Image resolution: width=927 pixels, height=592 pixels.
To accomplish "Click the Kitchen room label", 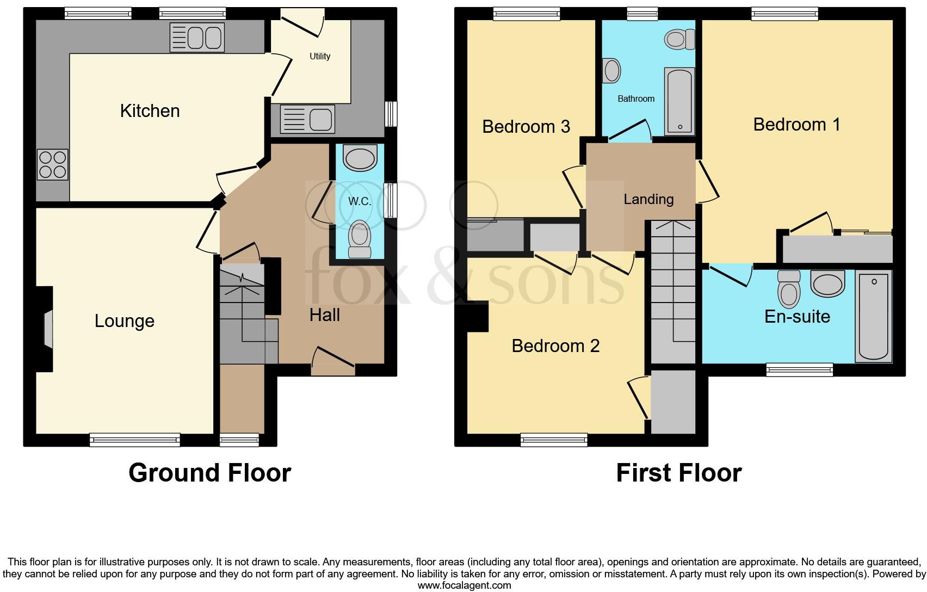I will [150, 111].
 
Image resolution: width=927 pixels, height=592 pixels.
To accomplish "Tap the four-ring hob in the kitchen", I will [53, 164].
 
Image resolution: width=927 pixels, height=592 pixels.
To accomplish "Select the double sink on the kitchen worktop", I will [197, 38].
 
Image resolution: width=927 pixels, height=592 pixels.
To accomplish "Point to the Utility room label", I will [320, 56].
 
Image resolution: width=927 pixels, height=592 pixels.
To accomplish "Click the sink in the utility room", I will [307, 119].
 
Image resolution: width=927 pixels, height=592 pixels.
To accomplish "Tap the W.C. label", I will [359, 201].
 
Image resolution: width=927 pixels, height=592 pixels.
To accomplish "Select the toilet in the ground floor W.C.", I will [359, 239].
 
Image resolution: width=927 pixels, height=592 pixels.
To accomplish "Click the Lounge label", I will [124, 321].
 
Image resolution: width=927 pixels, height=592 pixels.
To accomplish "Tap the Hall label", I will [325, 315].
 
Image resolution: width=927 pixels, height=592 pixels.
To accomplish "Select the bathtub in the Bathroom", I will [679, 101].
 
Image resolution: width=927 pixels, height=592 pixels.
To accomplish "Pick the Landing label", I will [648, 199].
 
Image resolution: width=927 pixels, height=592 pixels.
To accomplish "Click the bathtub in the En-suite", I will [873, 317].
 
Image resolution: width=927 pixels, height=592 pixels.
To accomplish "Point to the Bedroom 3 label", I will [526, 127].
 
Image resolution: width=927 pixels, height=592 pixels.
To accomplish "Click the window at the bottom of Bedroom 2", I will [554, 439].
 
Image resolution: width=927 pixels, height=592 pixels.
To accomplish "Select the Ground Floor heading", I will [209, 473].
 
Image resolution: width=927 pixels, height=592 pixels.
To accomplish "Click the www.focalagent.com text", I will [464, 585].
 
